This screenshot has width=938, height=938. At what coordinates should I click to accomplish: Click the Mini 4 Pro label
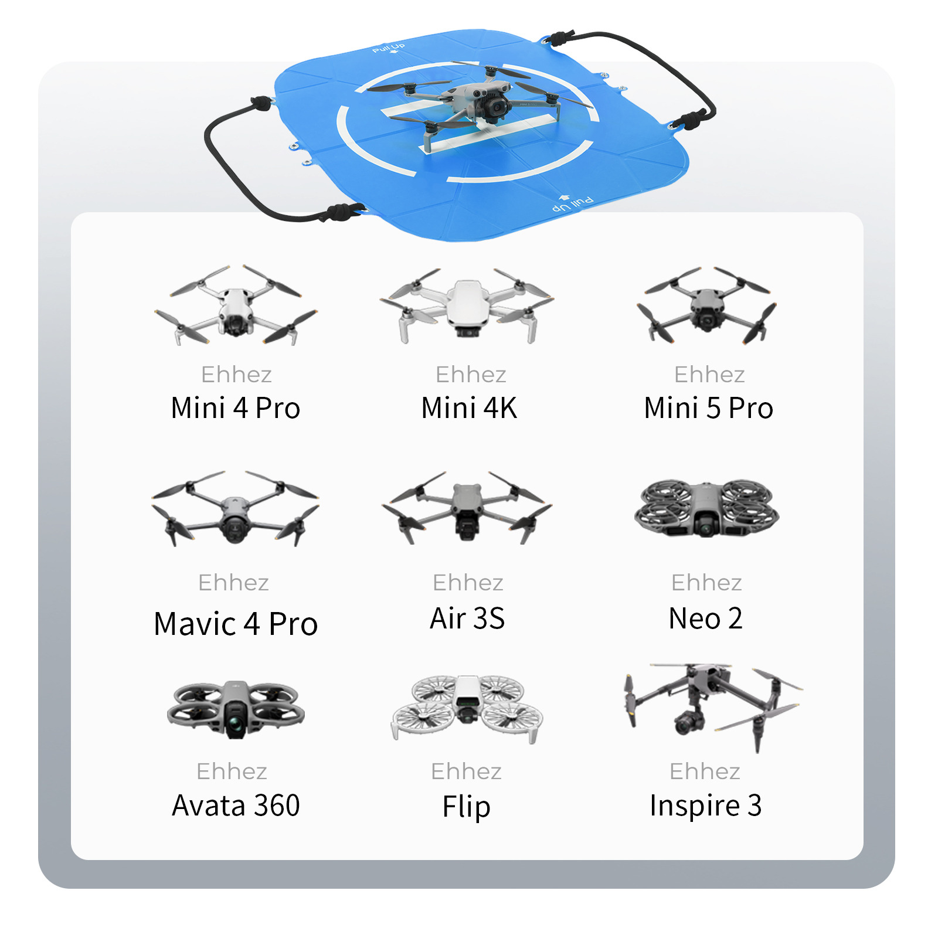coord(236,408)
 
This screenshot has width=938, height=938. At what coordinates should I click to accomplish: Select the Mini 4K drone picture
coord(467,306)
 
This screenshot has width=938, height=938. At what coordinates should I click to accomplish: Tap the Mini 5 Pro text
coord(708,408)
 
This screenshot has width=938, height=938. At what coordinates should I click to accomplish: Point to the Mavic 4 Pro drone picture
coord(235,508)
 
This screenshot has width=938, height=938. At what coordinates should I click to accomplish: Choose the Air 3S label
coord(467,618)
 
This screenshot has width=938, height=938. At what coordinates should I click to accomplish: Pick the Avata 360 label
coord(236,806)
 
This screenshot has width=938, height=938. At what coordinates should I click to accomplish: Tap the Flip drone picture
coord(467,708)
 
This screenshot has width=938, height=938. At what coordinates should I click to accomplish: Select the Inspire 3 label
coord(706,806)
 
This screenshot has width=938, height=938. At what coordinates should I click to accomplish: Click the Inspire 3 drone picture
coord(712,707)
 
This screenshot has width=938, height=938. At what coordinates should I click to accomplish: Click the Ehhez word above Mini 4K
coord(471,375)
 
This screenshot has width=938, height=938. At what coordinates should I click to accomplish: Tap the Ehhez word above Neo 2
coord(706,583)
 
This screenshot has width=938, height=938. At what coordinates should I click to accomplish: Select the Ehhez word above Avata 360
coord(232,772)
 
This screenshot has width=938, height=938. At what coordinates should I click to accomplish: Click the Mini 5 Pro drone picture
coord(707,305)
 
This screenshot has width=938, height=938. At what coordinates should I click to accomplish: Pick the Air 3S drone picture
coord(467,507)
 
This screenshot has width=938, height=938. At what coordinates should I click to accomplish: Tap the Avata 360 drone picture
coord(236,709)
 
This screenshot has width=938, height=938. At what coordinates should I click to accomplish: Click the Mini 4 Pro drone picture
coord(236,305)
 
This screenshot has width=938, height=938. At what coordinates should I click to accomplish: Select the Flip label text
coord(467,807)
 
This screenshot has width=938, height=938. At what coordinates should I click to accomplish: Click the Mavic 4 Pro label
coord(236,624)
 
